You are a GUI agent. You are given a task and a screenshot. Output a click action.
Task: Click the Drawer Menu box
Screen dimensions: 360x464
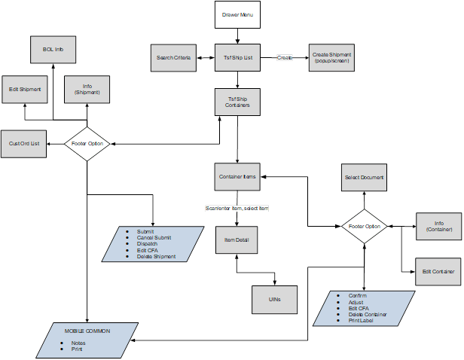point(238,15)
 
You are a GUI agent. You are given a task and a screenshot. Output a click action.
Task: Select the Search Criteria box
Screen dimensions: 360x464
point(174,58)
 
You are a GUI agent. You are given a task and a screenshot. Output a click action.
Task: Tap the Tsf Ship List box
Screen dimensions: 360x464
point(238,58)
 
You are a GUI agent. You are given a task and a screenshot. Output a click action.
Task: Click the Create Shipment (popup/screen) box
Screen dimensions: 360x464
point(332,58)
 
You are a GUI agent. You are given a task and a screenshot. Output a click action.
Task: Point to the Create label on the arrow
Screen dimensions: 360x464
point(285,57)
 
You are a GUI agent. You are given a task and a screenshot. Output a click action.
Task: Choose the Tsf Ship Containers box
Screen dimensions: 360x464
point(238,102)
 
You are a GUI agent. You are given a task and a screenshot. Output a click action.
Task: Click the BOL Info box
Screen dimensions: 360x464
point(53,50)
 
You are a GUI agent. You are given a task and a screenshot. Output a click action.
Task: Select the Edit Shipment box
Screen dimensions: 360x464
point(24,89)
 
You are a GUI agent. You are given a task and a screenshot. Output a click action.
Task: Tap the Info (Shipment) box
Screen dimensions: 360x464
point(87,90)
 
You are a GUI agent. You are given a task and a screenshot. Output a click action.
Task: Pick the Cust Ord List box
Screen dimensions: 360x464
point(24,143)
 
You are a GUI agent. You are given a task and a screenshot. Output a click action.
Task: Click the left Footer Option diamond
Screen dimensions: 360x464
point(88,143)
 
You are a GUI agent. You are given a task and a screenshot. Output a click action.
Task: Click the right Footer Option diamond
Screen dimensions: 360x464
point(365,226)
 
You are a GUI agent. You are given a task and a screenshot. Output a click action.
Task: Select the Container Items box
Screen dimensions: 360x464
point(238,177)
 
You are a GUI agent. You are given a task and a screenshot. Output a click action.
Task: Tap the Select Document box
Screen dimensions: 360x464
point(365,178)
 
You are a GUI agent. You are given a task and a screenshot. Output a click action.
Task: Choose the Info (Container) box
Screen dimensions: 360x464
point(438,226)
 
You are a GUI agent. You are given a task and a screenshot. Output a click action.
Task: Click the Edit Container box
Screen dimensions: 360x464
point(438,271)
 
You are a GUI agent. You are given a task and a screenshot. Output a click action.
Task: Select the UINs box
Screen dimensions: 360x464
point(274,299)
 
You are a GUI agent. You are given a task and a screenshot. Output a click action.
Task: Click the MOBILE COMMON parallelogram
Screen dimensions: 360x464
point(87,340)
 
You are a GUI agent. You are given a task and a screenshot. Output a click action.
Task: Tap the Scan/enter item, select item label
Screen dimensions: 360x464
point(237,208)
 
